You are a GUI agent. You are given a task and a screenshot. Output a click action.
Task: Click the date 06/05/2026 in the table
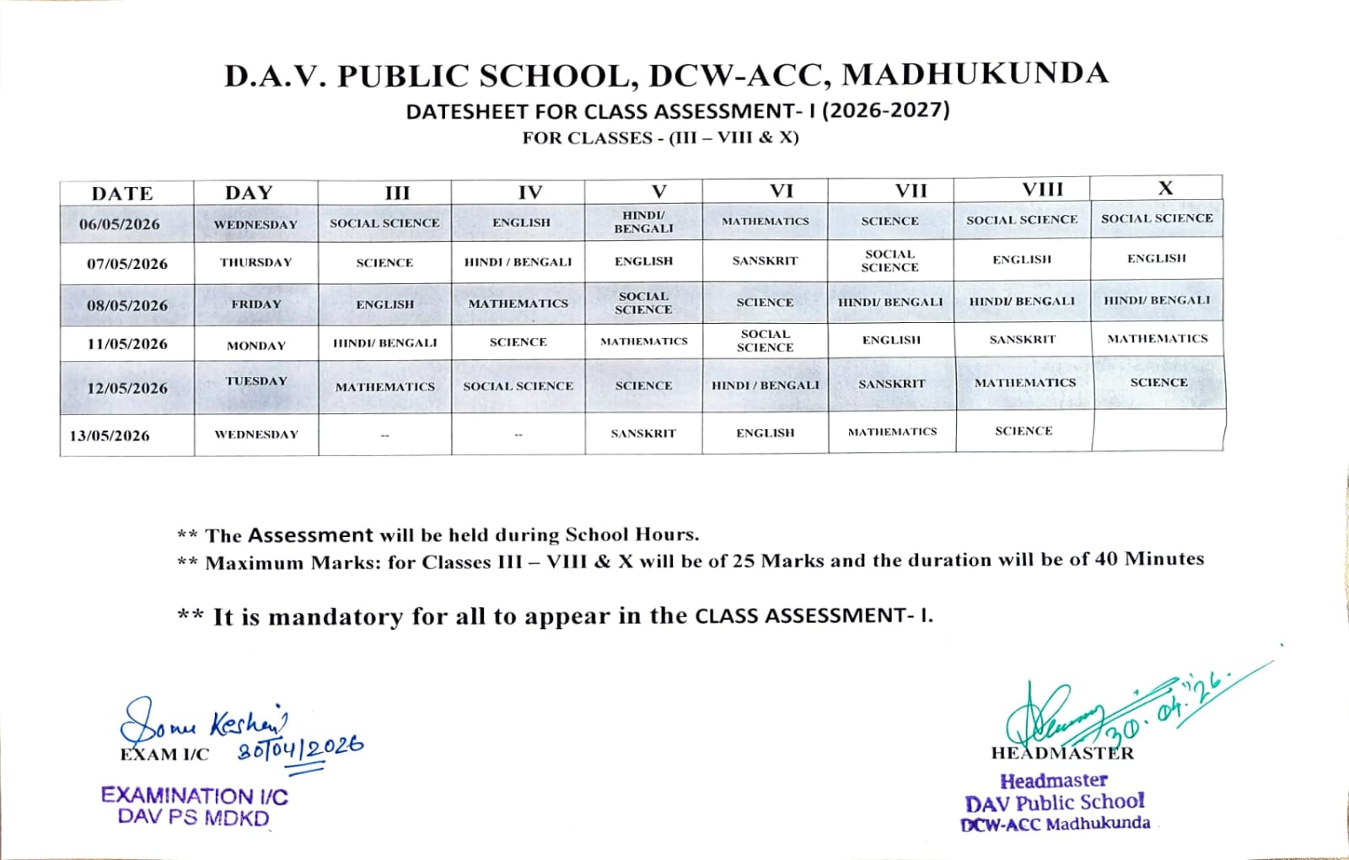(x=120, y=224)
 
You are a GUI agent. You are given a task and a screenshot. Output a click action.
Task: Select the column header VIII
(x=1043, y=190)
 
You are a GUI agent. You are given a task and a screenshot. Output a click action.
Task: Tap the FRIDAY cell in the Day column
(x=256, y=304)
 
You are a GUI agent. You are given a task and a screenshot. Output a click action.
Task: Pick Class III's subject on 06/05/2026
(x=384, y=223)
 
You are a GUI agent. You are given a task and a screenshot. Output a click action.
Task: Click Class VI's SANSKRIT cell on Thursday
(x=765, y=261)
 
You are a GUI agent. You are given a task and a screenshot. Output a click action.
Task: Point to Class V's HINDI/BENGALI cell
(x=643, y=222)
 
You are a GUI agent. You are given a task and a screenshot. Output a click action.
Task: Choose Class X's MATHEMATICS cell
(x=1157, y=339)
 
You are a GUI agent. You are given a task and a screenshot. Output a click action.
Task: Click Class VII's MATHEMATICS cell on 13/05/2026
(x=892, y=432)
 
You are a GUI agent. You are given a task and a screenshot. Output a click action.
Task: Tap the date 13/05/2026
(x=110, y=436)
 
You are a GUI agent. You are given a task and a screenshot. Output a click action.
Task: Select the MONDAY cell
(x=256, y=346)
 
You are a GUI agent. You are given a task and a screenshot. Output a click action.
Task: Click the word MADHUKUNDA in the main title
(x=975, y=74)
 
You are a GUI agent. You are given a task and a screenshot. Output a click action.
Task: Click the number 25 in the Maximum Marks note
(x=743, y=561)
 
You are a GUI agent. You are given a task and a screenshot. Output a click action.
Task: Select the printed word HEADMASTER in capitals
(x=1062, y=753)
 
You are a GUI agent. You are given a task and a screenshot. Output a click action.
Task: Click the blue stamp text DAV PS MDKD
(x=193, y=818)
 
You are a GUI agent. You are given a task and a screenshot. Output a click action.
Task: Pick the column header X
(x=1165, y=189)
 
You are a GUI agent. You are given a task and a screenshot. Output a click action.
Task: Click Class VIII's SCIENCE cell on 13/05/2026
(x=1024, y=431)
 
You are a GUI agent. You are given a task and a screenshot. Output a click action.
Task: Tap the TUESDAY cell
(x=256, y=381)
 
